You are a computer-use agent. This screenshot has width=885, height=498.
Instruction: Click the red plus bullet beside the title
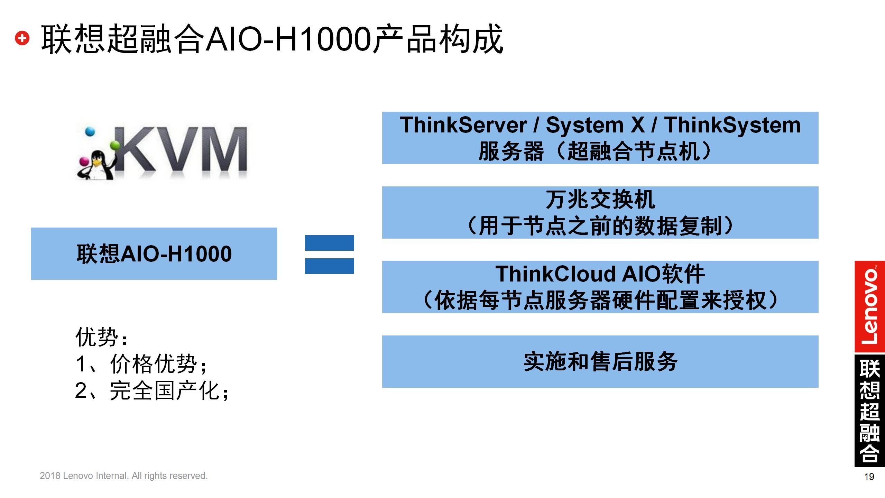(x=22, y=38)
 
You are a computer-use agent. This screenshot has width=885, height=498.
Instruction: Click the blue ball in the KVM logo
(x=90, y=132)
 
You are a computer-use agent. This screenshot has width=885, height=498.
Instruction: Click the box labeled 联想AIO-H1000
(x=154, y=253)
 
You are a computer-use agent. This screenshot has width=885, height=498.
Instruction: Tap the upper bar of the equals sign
(x=329, y=243)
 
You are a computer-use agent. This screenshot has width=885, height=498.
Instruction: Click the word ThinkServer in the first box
(x=463, y=125)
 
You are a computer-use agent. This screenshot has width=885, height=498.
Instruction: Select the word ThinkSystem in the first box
(x=732, y=125)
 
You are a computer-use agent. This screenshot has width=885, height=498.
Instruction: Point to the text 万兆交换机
(x=600, y=200)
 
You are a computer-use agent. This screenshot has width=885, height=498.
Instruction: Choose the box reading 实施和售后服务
(x=600, y=361)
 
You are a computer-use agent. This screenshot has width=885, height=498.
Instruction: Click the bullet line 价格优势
(x=154, y=364)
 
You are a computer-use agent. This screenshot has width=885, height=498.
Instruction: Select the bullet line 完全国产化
(x=165, y=391)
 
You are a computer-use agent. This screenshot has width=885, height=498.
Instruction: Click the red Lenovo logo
(x=869, y=306)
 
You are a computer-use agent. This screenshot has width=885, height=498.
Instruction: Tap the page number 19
(x=869, y=477)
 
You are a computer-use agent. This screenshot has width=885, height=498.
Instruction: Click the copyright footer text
(x=123, y=476)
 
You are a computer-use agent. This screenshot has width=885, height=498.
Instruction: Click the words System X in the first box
(x=595, y=125)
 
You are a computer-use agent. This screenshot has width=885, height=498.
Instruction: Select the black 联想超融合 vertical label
(x=869, y=410)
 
